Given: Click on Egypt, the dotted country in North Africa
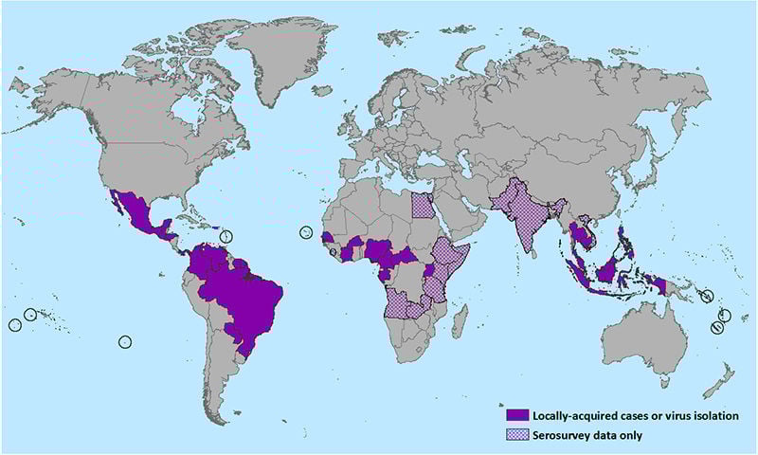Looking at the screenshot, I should pyautogui.click(x=424, y=206).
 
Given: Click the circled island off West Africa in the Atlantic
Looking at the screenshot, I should pyautogui.click(x=306, y=233).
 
